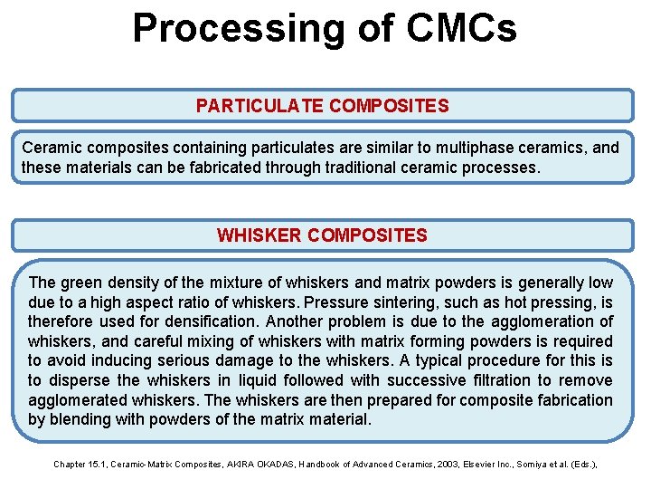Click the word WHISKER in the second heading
259,235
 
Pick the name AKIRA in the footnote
230,465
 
